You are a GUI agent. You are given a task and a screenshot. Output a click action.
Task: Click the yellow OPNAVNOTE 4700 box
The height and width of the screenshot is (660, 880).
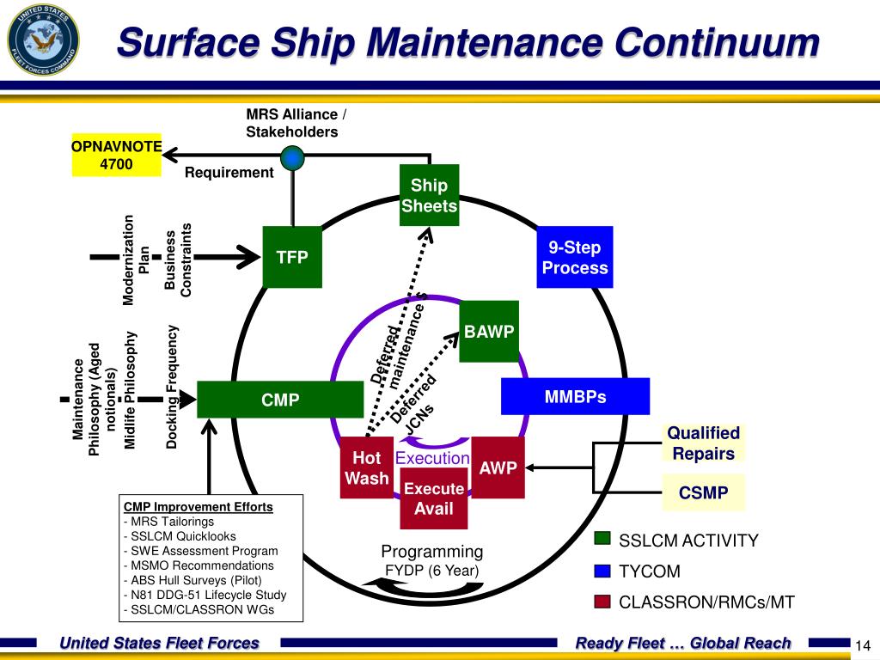pyautogui.click(x=116, y=155)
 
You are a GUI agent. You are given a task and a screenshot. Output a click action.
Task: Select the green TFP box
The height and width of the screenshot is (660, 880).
pyautogui.click(x=292, y=257)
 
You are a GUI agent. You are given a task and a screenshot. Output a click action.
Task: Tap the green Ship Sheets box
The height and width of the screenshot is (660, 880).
pyautogui.click(x=429, y=195)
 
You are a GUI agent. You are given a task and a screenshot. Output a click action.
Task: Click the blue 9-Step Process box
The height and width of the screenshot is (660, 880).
pyautogui.click(x=575, y=257)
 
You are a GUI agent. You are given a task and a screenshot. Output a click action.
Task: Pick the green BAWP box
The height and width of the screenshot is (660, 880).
pyautogui.click(x=489, y=332)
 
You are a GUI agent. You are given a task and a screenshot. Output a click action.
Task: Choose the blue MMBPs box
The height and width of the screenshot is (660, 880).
pyautogui.click(x=575, y=397)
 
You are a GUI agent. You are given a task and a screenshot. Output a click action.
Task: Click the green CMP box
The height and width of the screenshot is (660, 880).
pyautogui.click(x=280, y=400)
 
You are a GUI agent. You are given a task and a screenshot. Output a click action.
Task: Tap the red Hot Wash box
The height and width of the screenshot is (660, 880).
pyautogui.click(x=366, y=468)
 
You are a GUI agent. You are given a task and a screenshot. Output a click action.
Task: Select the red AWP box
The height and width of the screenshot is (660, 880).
pyautogui.click(x=498, y=468)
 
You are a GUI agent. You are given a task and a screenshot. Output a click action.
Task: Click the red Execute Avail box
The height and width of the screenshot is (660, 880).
pyautogui.click(x=434, y=498)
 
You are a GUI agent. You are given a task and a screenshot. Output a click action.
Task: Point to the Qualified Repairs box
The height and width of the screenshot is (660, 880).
pyautogui.click(x=703, y=443)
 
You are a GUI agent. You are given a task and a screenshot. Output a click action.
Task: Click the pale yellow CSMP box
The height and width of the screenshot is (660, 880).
pyautogui.click(x=703, y=492)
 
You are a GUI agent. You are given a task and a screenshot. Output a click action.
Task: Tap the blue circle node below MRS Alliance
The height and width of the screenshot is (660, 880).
pyautogui.click(x=293, y=157)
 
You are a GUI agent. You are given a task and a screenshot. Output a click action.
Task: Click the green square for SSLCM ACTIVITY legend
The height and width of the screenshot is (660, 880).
pyautogui.click(x=602, y=539)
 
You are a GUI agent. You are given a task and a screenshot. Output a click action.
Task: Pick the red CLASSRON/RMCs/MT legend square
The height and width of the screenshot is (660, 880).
pyautogui.click(x=602, y=602)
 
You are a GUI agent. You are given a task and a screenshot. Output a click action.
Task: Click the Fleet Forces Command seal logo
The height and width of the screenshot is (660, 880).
pyautogui.click(x=43, y=39)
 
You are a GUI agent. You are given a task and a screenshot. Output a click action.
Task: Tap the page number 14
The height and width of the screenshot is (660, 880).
pyautogui.click(x=864, y=646)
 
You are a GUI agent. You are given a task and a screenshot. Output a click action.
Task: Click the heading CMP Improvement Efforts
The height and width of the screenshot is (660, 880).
pyautogui.click(x=199, y=506)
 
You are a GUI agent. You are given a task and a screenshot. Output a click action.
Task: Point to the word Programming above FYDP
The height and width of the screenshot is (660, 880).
pyautogui.click(x=432, y=551)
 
